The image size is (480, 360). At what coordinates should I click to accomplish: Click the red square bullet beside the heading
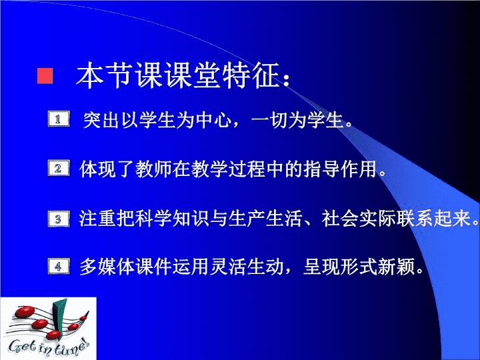click(45, 76)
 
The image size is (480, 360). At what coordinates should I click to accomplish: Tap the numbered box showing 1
click(59, 119)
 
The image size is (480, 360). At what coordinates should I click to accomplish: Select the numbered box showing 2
click(59, 168)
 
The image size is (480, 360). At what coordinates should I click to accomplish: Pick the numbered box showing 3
click(59, 219)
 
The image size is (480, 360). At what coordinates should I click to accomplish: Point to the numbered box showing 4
click(59, 266)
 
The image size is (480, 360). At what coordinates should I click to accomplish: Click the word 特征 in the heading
click(250, 75)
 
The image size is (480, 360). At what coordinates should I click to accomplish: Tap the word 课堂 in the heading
click(193, 75)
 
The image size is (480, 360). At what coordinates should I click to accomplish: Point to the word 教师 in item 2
click(154, 169)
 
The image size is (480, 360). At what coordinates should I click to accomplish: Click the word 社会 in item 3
click(340, 219)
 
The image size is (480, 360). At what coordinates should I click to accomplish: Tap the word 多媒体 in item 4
click(107, 267)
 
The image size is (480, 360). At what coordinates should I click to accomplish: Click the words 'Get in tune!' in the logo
click(49, 347)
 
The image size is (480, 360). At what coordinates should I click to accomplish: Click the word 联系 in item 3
click(415, 219)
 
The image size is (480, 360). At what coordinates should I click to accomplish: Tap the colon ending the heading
click(287, 79)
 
